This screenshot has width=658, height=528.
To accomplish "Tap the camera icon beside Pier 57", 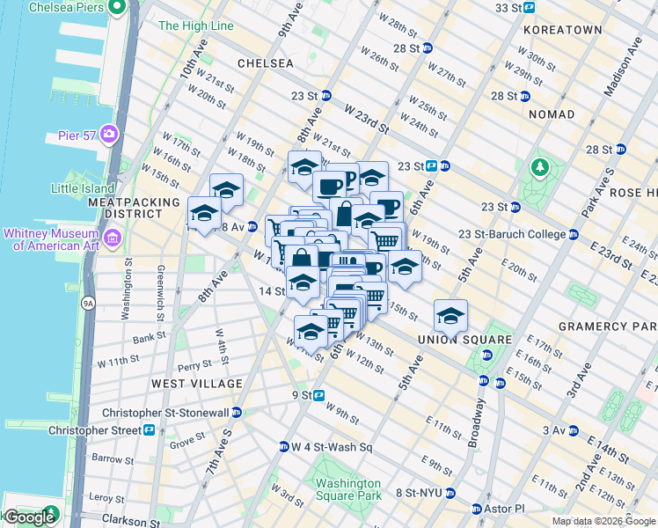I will click(110, 134).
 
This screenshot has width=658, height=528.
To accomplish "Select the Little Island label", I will click(83, 188).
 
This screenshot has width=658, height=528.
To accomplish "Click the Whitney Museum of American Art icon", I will click(113, 238).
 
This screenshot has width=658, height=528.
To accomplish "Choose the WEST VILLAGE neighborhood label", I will click(196, 384).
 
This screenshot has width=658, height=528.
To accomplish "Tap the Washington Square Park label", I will click(348, 489).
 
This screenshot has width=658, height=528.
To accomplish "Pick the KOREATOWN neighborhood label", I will click(562, 30).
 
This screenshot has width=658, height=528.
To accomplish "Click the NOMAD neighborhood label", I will click(552, 114).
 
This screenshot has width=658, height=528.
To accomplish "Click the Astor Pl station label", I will click(508, 509).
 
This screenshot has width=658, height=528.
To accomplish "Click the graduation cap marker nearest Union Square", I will click(450, 315).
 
